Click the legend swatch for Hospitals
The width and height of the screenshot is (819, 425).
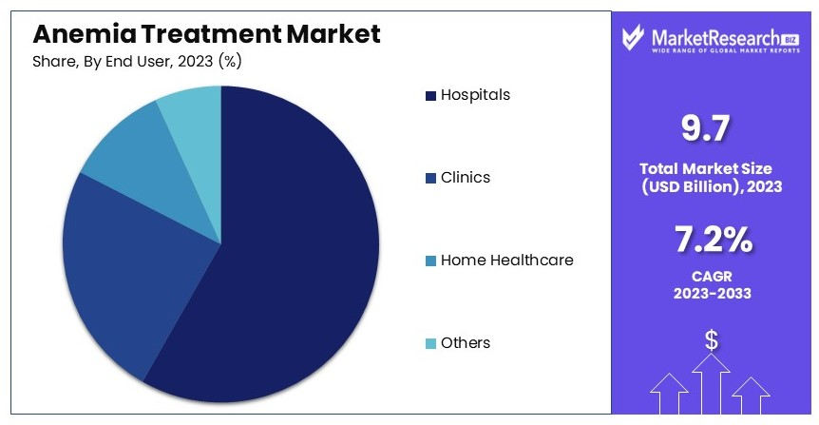click(431, 96)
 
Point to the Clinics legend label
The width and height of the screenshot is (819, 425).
click(466, 177)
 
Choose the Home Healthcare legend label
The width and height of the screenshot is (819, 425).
click(506, 260)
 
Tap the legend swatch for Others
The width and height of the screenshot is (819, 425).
click(431, 343)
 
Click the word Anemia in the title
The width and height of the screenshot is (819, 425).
click(85, 34)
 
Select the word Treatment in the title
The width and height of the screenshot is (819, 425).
click(211, 34)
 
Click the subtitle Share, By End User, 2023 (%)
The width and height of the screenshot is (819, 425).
click(137, 62)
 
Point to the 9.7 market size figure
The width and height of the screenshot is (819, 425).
click(706, 128)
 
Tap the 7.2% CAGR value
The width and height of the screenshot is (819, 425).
click(714, 240)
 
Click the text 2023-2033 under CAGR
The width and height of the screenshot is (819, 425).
click(713, 293)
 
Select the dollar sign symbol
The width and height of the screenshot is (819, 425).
click(711, 340)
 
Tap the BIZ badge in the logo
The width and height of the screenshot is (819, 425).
click(790, 40)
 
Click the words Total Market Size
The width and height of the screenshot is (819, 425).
click(706, 168)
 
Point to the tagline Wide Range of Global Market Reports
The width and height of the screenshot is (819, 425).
click(726, 50)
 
